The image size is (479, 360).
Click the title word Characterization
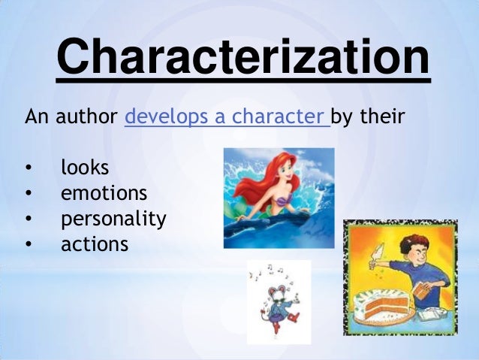[243, 57]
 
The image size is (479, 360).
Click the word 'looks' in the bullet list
[85, 167]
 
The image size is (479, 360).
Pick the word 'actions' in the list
[95, 244]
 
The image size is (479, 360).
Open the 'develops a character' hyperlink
[226, 118]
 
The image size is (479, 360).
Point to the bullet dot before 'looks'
[29, 168]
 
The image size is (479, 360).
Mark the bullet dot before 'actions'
[29, 244]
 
